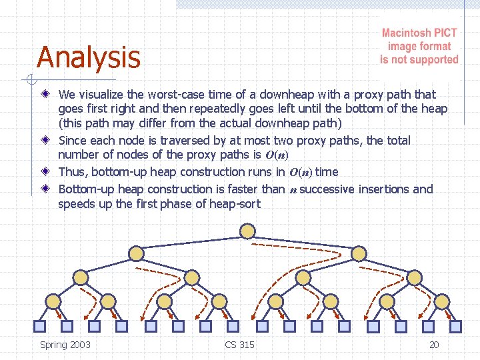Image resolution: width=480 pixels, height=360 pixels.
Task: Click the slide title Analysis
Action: point(89,57)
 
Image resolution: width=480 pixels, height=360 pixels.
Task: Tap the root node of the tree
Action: point(247,231)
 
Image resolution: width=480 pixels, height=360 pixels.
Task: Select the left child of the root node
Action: point(136,253)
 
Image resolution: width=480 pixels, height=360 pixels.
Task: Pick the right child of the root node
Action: point(359,253)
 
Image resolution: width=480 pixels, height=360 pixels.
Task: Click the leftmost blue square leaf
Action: point(39,326)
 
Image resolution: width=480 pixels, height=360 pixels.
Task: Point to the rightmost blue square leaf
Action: point(456,326)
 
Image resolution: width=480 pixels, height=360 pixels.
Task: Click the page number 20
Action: point(434,345)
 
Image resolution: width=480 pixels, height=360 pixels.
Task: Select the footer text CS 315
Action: point(239,345)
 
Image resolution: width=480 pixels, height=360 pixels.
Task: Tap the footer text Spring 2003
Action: point(65,345)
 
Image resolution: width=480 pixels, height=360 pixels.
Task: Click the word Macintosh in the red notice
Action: point(406,33)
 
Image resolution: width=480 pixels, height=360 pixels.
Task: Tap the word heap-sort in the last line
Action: point(235,205)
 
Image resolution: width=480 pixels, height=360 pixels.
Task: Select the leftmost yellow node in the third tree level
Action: point(80,277)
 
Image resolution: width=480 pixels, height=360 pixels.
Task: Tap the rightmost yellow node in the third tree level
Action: point(415,277)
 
